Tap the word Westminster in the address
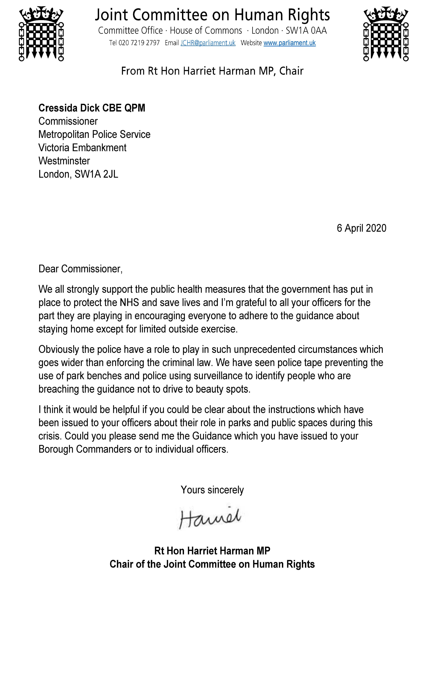click(x=64, y=161)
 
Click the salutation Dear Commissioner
click(x=80, y=269)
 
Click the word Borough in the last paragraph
click(x=56, y=449)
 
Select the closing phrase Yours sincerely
click(x=212, y=490)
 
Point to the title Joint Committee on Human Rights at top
click(x=212, y=15)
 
